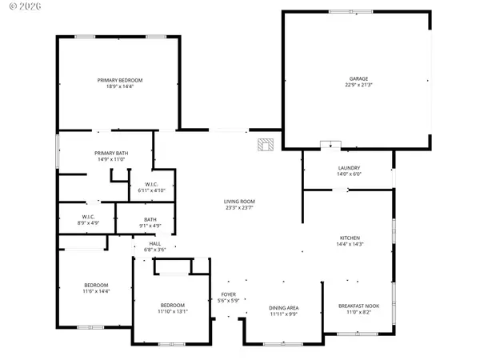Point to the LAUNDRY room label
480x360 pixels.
point(350,167)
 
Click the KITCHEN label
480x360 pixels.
point(350,238)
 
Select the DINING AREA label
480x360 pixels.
point(283,308)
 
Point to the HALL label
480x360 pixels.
point(155,243)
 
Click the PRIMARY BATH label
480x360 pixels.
point(111,153)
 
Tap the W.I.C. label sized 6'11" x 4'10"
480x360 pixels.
point(150,184)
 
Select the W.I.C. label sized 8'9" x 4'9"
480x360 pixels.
point(89,216)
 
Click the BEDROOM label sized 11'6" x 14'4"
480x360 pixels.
point(96,286)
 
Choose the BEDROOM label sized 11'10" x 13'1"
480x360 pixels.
point(172,305)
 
